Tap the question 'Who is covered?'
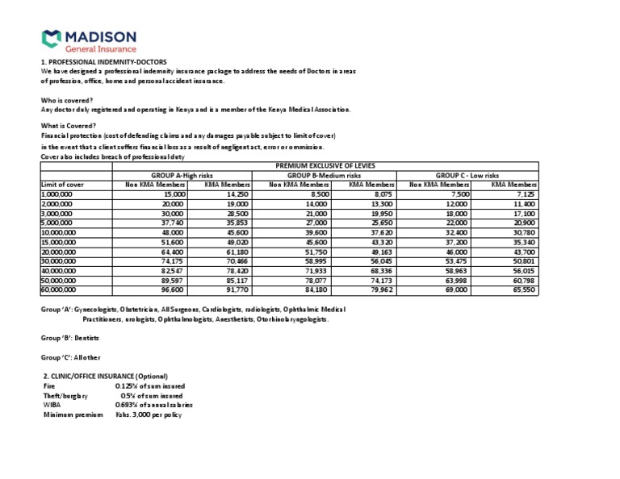(67, 100)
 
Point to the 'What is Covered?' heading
(69, 126)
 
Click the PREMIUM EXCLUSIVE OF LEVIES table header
(320, 165)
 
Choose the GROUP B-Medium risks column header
(325, 175)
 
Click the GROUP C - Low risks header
(467, 175)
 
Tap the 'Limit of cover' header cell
(62, 185)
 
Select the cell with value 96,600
(173, 289)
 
